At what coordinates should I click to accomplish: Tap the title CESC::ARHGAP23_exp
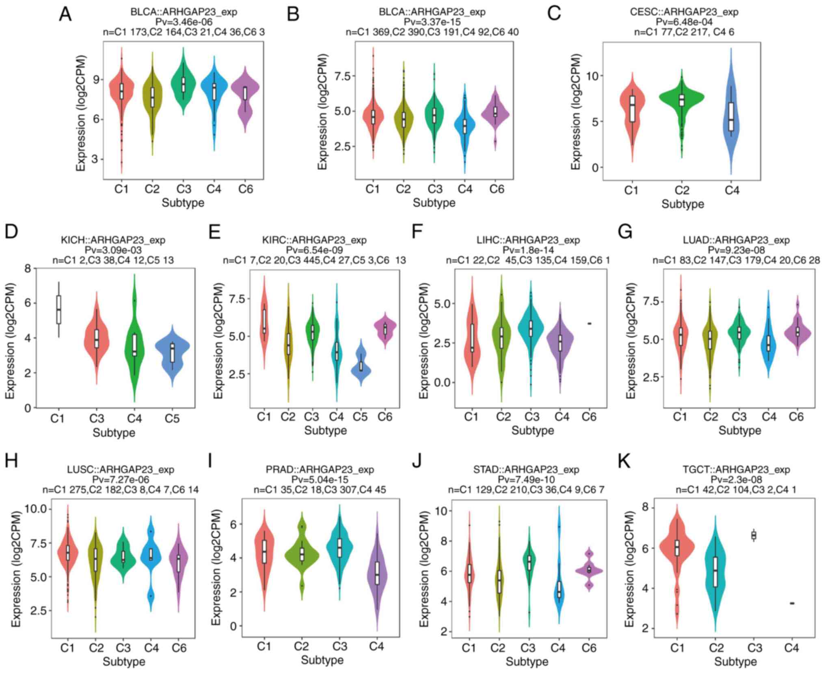pos(684,12)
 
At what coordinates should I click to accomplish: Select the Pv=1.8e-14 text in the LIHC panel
pos(528,250)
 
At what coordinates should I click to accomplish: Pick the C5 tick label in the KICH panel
pos(172,418)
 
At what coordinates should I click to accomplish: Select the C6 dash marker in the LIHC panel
pos(589,323)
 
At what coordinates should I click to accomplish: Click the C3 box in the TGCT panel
pos(754,535)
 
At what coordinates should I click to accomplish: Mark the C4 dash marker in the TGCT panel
pos(792,603)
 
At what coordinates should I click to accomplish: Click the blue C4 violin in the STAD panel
pos(559,589)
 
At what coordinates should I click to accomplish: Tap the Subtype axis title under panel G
pos(740,431)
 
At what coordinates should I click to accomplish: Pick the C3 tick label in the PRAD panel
pos(340,646)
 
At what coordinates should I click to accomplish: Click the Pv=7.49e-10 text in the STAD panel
pos(526,480)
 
